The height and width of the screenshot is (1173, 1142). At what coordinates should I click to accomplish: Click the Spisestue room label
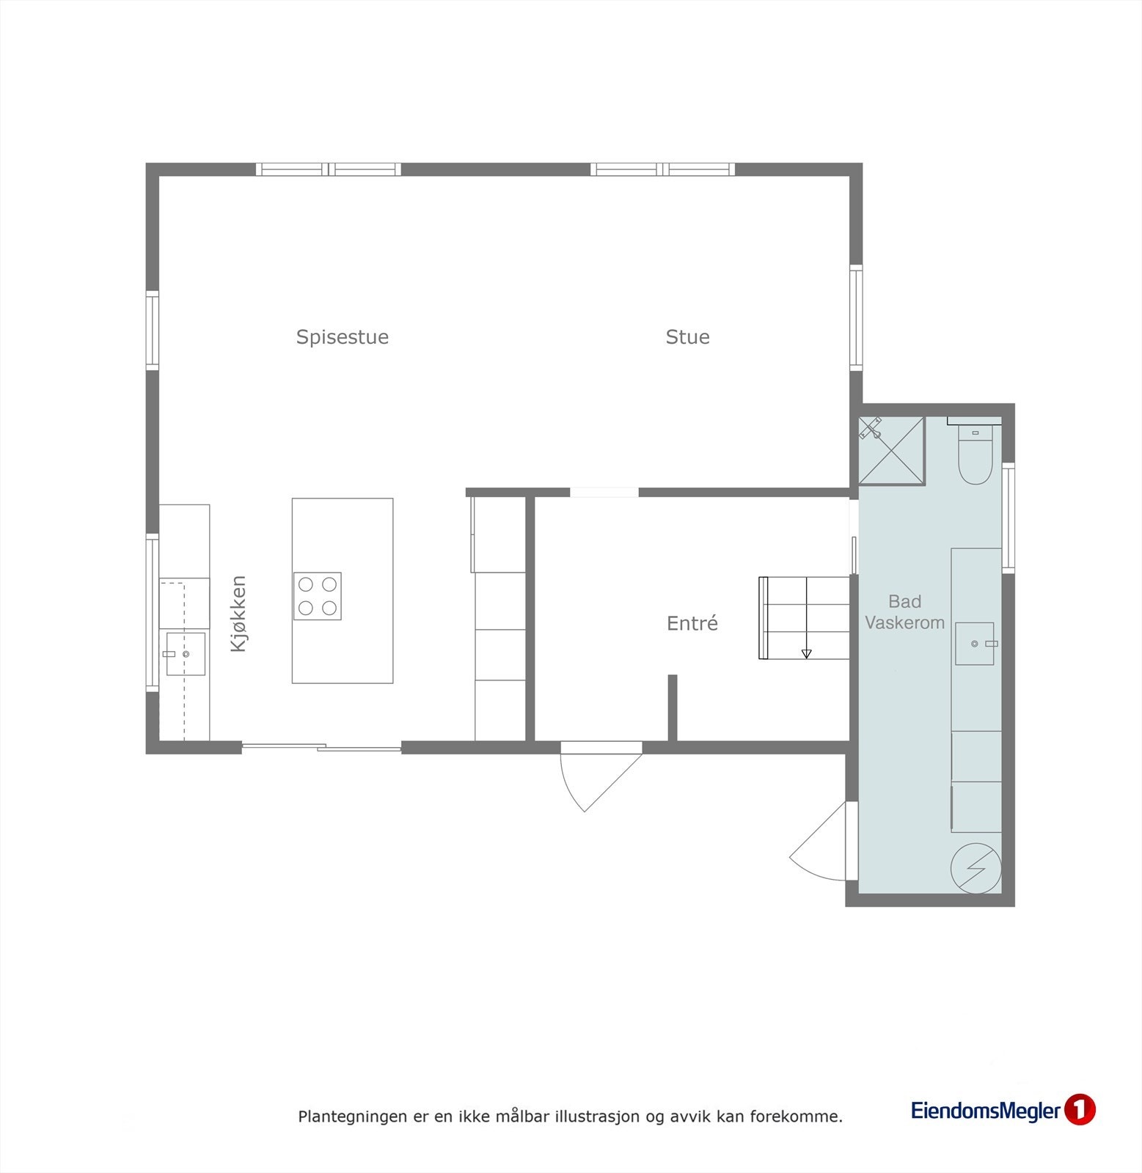click(x=342, y=337)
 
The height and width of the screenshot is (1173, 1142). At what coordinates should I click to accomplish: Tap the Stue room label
click(x=687, y=337)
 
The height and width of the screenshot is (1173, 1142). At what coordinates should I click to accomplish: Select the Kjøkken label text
click(x=239, y=614)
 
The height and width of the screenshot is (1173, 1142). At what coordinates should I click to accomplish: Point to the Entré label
click(x=692, y=624)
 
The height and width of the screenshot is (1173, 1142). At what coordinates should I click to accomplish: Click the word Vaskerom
click(x=904, y=623)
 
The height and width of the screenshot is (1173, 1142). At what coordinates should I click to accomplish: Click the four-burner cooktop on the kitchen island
click(x=318, y=596)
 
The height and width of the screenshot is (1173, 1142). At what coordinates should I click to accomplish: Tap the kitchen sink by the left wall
click(x=185, y=654)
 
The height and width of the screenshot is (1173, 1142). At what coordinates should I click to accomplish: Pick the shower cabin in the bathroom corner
click(x=891, y=451)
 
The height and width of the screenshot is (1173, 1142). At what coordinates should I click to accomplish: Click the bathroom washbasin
click(x=974, y=644)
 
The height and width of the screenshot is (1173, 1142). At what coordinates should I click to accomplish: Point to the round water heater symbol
click(x=976, y=869)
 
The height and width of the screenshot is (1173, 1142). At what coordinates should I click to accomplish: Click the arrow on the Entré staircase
click(x=806, y=652)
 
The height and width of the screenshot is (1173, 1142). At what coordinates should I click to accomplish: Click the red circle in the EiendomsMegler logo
click(x=1080, y=1110)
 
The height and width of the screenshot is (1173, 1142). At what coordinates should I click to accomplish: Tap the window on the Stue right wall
click(x=856, y=317)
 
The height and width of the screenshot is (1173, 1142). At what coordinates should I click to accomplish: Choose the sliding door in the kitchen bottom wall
click(x=321, y=747)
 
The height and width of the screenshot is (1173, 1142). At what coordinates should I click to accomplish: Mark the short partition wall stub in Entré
click(x=672, y=707)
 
